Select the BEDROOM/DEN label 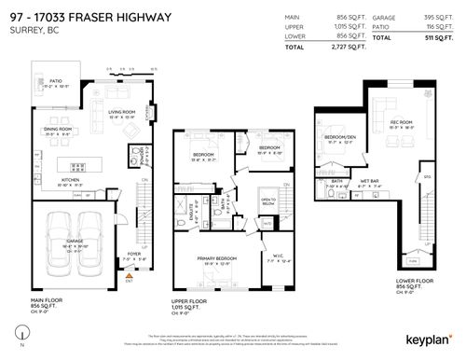point(336,137)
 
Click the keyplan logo point(425,332)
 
